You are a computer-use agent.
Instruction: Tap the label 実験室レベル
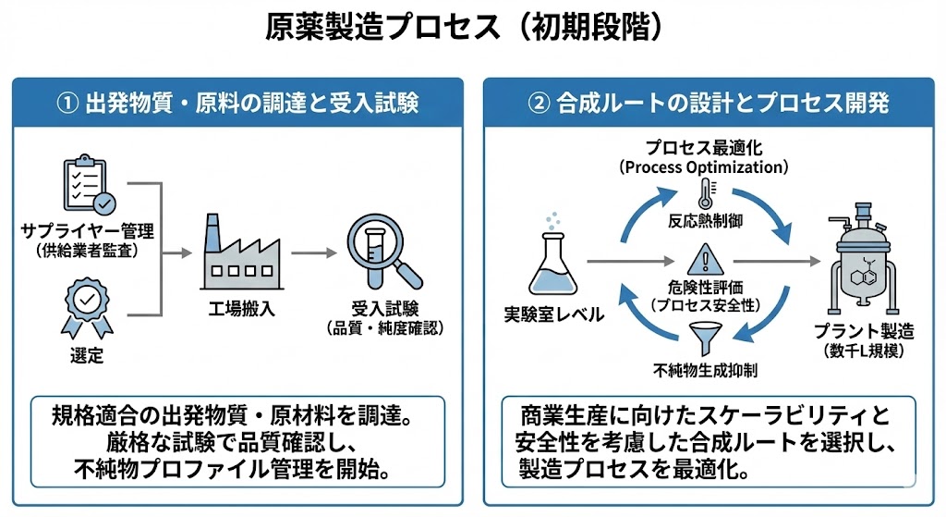point(553,315)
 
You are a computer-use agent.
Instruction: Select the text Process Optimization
point(704,167)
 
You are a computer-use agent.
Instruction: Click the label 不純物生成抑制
point(705,371)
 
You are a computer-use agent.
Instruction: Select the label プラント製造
point(864,331)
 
